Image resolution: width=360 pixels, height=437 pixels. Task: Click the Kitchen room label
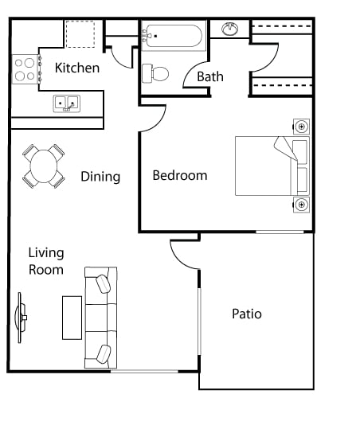pos(77,68)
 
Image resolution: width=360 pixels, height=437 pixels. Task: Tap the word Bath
pos(210,77)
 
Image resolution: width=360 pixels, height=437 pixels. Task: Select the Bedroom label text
pos(180,175)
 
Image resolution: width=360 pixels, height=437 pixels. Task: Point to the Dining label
pos(100,177)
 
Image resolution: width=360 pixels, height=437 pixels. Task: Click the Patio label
pos(247,314)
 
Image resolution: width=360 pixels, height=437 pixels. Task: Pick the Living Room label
pos(46,261)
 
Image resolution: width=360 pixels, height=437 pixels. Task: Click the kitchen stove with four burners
pos(25,69)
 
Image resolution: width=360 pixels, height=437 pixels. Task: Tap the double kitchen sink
pos(66,103)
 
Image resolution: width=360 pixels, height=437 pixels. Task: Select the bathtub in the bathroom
pos(173,36)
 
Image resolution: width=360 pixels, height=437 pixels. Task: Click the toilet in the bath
pos(156,74)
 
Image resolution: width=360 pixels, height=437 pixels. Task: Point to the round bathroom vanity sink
pos(230,29)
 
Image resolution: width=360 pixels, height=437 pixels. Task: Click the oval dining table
pos(44,166)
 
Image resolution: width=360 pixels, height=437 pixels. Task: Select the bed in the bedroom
pos(271,166)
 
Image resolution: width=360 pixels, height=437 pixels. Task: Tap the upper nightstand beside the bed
pos(301,127)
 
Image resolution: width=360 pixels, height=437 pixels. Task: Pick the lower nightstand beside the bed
pos(301,205)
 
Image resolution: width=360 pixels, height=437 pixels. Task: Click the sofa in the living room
pos(101,318)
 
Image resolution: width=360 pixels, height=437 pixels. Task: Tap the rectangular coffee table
pos(72,318)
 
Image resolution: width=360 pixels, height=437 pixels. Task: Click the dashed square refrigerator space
pos(80,34)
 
